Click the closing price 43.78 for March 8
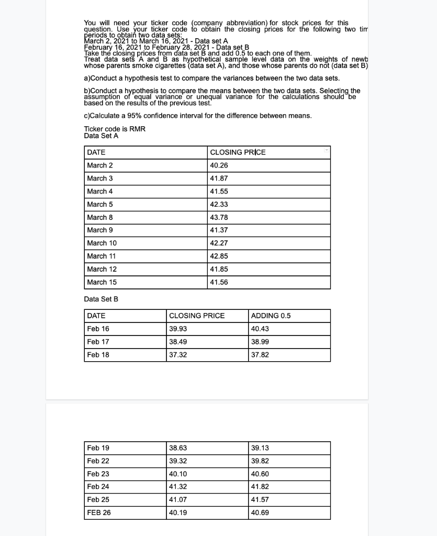click(x=218, y=217)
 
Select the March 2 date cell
click(x=100, y=165)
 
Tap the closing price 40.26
click(x=218, y=165)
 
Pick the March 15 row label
click(x=102, y=282)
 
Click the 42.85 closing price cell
click(x=218, y=256)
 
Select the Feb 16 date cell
click(x=98, y=329)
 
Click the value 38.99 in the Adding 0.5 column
click(x=260, y=342)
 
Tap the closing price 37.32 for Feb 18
click(x=178, y=355)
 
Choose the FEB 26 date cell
click(x=99, y=513)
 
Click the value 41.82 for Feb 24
click(x=260, y=487)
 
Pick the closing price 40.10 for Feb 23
click(x=178, y=474)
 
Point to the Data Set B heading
click(x=101, y=299)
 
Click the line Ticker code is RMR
click(x=115, y=129)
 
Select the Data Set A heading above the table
click(x=101, y=136)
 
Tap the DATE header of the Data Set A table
click(x=96, y=152)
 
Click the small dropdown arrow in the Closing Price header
click(x=327, y=150)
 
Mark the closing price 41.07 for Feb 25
click(x=178, y=500)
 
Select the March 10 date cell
click(x=102, y=243)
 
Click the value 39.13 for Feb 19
click(x=260, y=448)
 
